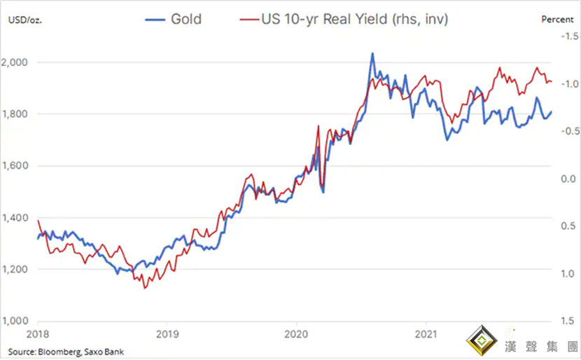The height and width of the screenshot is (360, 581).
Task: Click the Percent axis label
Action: pyautogui.click(x=557, y=19)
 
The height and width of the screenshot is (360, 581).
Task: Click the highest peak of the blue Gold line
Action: pyautogui.click(x=372, y=53)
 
